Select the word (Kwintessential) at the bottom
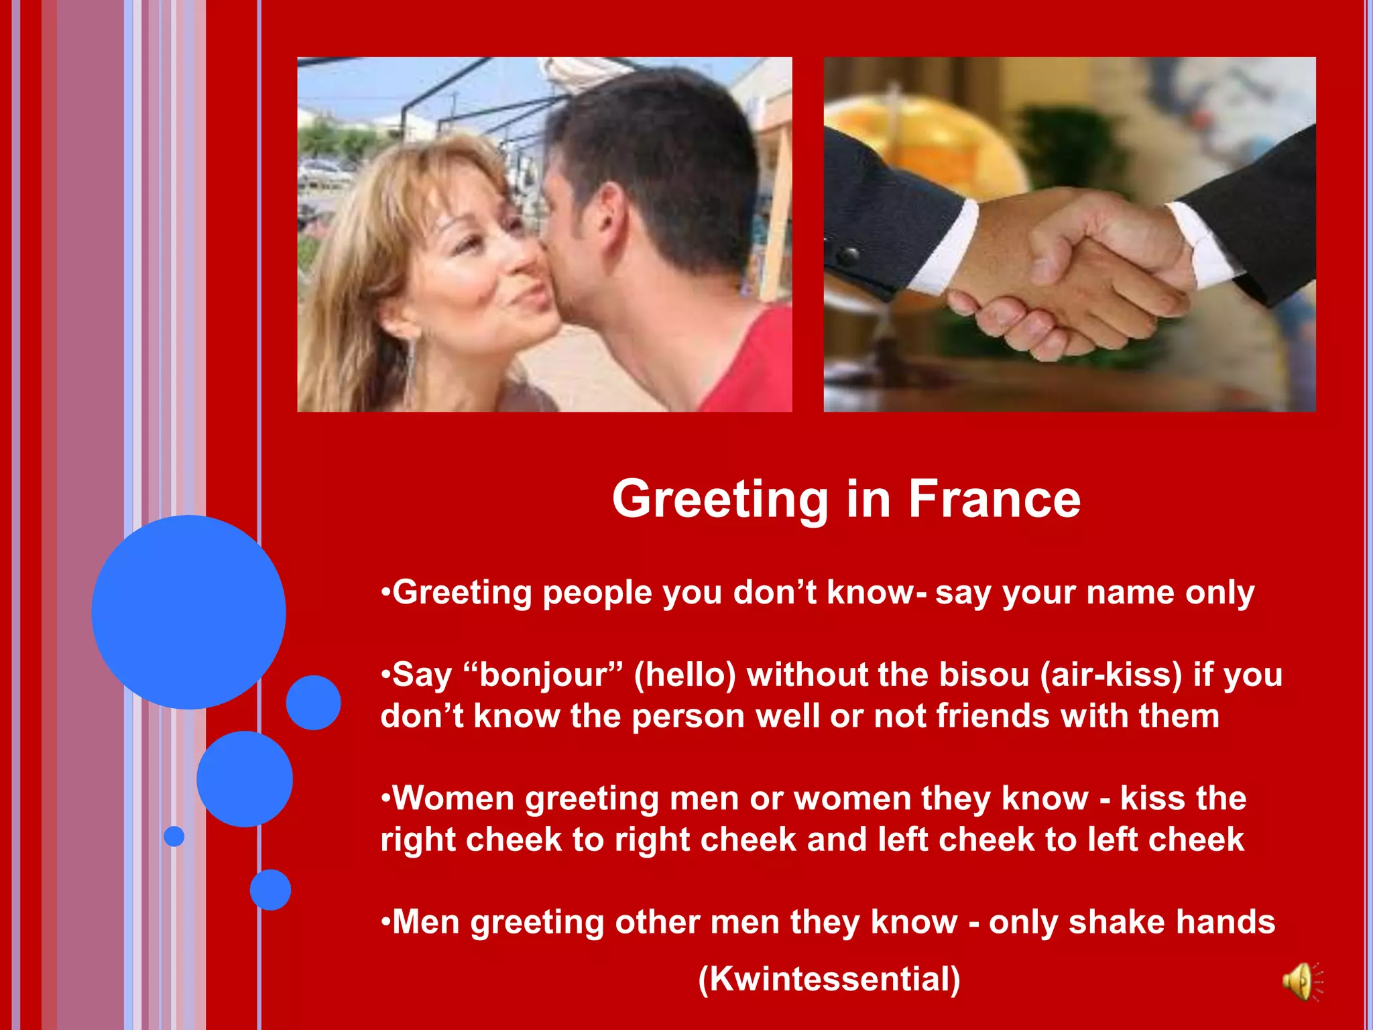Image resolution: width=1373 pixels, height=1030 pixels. [x=829, y=978]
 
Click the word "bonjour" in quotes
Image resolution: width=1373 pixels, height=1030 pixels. [x=543, y=675]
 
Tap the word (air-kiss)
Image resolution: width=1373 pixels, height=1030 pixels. [x=1111, y=675]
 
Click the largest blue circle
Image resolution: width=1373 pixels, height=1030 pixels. [x=188, y=612]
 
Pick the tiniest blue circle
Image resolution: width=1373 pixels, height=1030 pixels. [x=174, y=836]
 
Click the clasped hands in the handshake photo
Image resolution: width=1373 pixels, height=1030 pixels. [x=1066, y=275]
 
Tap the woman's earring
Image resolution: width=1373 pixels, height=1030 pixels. [x=411, y=362]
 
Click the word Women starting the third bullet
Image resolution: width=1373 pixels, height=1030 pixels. [x=453, y=799]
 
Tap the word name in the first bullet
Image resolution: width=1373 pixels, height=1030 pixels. [x=1130, y=593]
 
